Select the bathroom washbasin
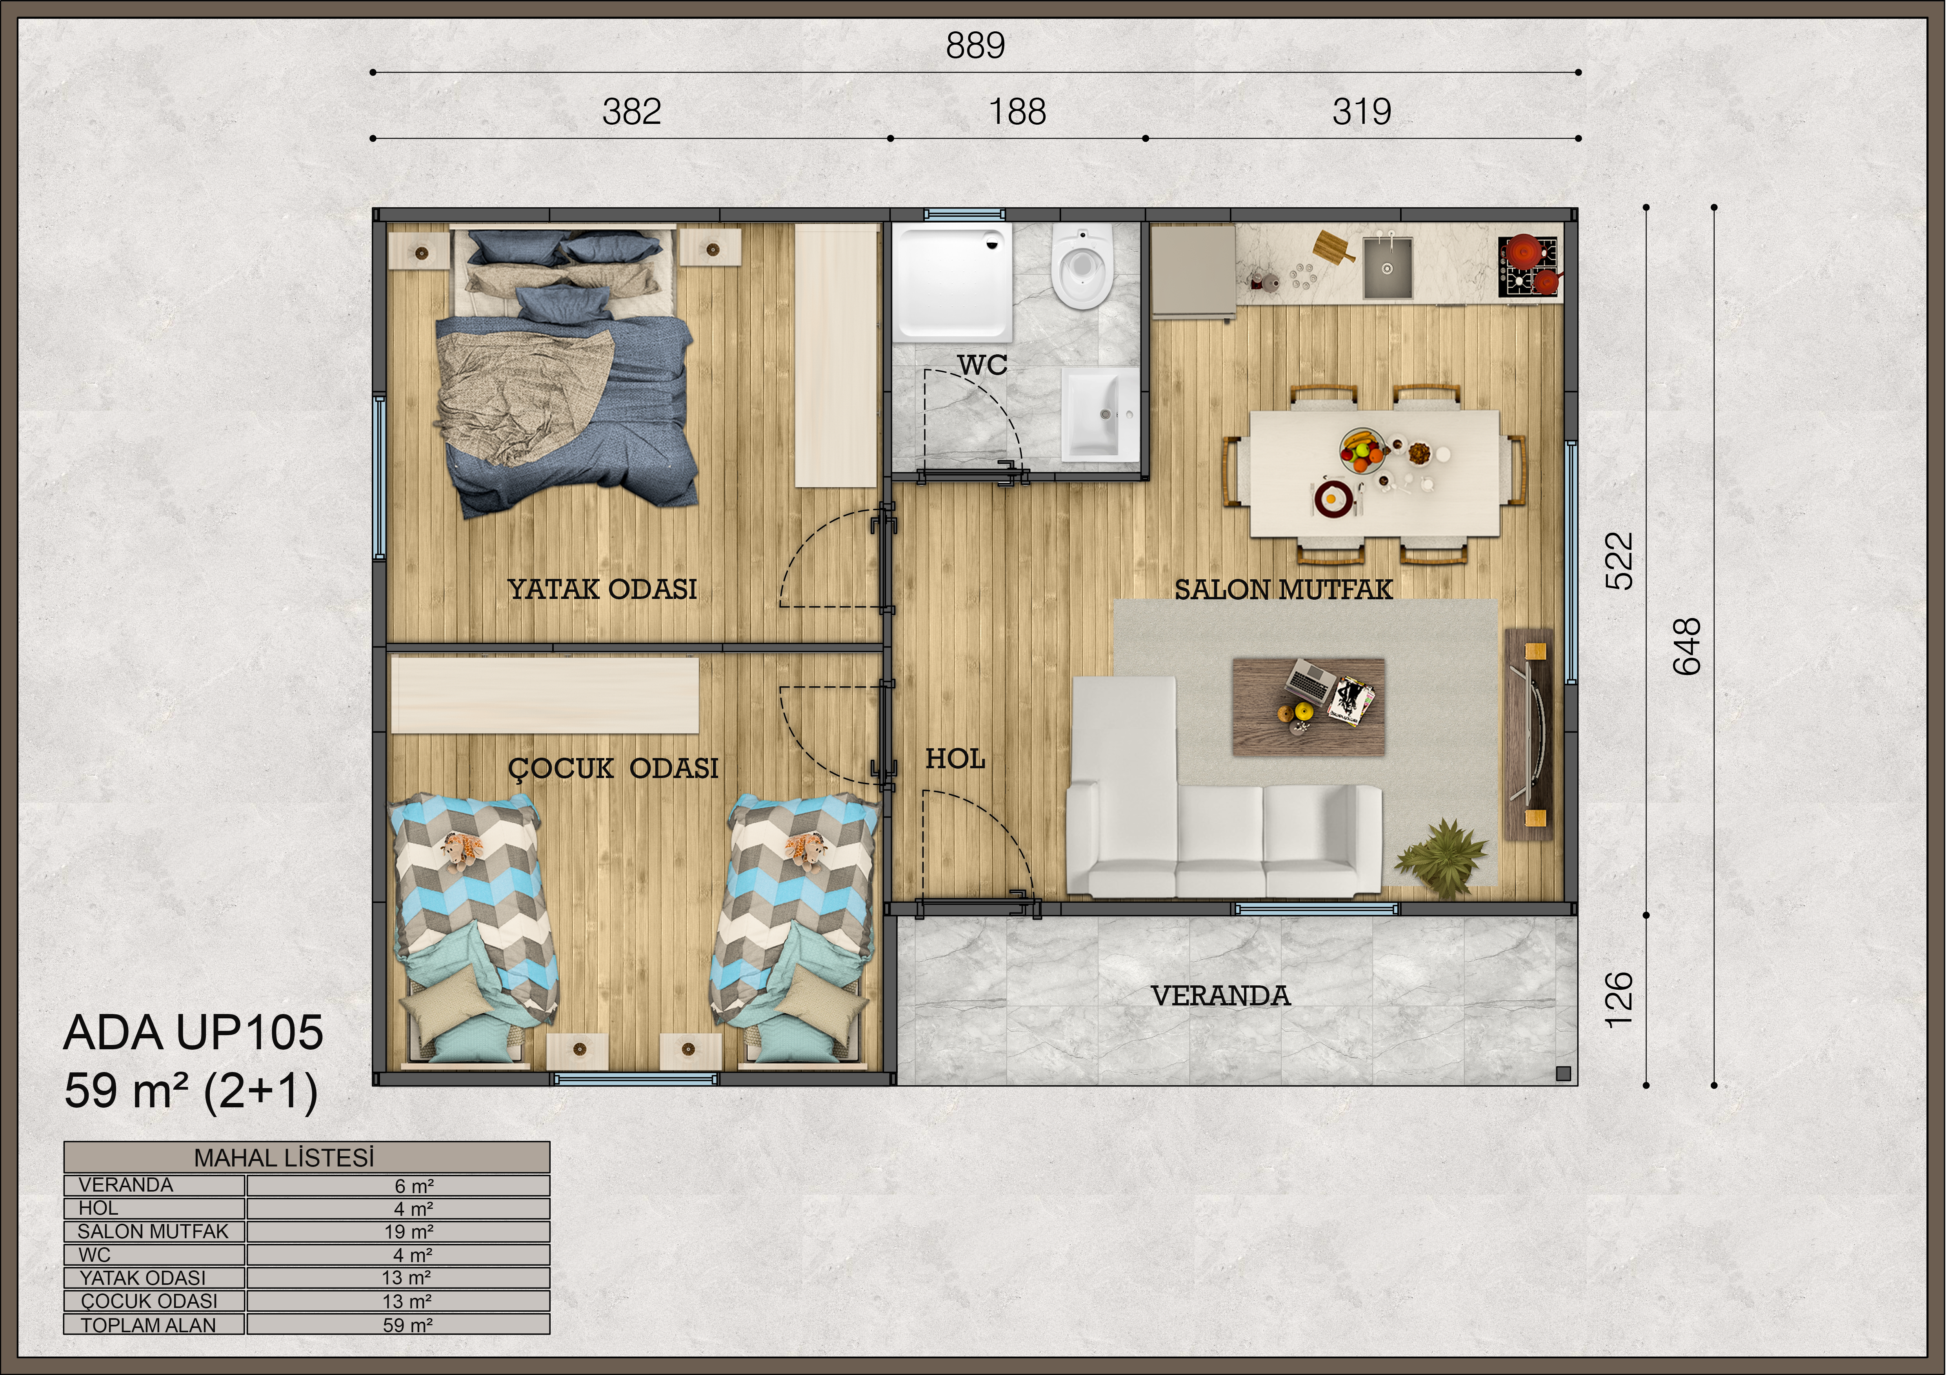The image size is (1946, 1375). tap(1100, 414)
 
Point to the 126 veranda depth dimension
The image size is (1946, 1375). tap(1619, 1000)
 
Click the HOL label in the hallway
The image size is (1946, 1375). tap(955, 759)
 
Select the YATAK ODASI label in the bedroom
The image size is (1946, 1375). tap(603, 589)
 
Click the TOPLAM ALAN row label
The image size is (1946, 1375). tap(148, 1325)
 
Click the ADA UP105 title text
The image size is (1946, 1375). tap(193, 1033)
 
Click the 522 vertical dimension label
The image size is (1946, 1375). tap(1619, 561)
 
